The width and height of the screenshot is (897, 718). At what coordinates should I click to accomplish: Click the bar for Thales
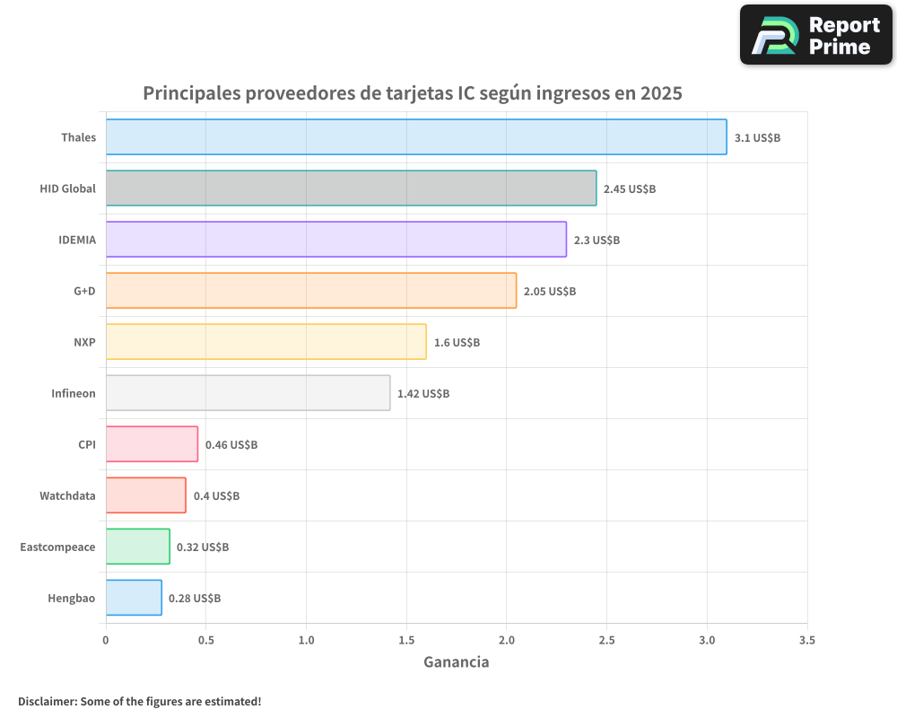(x=416, y=137)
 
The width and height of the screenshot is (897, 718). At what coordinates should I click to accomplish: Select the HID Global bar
(x=351, y=188)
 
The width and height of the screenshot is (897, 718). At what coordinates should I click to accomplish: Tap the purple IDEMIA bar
(x=335, y=240)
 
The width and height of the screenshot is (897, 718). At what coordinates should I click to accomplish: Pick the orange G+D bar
(x=310, y=291)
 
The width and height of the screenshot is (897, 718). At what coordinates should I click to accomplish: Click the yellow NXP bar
(x=266, y=342)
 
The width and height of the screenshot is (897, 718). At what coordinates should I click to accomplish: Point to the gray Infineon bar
(x=248, y=393)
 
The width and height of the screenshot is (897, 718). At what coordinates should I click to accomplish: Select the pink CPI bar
(x=152, y=444)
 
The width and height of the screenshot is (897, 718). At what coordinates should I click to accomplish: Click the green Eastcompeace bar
(x=137, y=547)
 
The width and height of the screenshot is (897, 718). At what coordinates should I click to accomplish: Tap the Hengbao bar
(x=134, y=598)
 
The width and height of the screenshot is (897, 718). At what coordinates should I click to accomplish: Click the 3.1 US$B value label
(x=757, y=138)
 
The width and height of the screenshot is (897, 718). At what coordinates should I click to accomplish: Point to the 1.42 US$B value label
(x=423, y=394)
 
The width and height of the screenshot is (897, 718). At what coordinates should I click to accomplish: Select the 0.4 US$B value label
(x=216, y=496)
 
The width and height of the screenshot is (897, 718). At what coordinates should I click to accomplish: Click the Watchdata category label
(x=67, y=495)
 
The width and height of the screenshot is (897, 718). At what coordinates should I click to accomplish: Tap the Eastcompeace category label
(x=57, y=547)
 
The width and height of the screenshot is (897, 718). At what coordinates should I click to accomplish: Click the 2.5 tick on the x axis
(x=606, y=641)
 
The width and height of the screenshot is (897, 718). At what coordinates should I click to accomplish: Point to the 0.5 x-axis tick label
(x=205, y=641)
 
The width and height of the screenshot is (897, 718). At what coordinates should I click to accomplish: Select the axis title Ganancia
(x=456, y=662)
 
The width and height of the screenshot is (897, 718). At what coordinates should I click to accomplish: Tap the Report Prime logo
(x=815, y=35)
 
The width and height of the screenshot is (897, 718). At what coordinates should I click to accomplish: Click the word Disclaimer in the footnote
(x=47, y=701)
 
